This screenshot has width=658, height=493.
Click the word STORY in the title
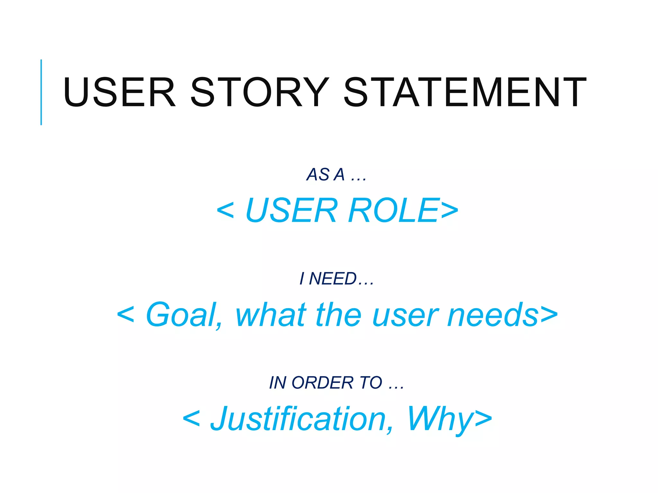(260, 92)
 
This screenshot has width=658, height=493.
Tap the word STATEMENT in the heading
(465, 92)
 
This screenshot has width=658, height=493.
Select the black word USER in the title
(119, 92)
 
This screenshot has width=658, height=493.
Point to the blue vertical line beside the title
(41, 92)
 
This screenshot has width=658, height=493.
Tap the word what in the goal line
(271, 315)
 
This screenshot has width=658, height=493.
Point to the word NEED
(333, 279)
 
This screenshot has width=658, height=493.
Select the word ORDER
(322, 383)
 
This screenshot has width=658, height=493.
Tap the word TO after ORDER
(371, 383)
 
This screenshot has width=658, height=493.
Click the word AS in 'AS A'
(318, 175)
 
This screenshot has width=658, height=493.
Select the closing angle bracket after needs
(549, 315)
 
